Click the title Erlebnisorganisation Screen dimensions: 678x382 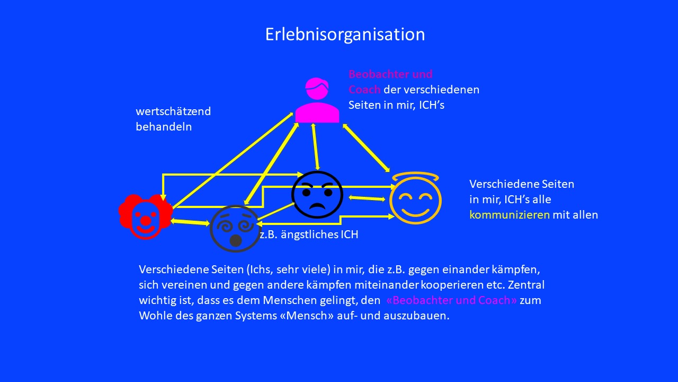click(x=345, y=34)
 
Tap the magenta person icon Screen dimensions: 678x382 click(x=317, y=100)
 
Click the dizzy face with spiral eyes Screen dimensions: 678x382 click(x=235, y=229)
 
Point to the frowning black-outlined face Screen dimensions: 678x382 click(x=317, y=195)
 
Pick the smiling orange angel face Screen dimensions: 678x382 click(x=415, y=200)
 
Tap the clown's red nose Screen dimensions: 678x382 click(x=146, y=220)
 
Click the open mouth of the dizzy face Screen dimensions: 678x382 click(x=236, y=240)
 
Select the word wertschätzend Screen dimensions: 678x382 click(x=173, y=111)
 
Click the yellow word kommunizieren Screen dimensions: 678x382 click(x=510, y=215)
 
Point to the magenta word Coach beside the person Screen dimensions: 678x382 click(x=364, y=90)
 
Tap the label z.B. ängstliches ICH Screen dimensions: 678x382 click(x=309, y=235)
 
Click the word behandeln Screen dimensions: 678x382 click(x=164, y=127)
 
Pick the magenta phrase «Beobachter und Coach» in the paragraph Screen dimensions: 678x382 click(x=452, y=300)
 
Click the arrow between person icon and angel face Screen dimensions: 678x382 click(x=366, y=148)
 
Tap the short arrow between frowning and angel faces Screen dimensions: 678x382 click(x=367, y=198)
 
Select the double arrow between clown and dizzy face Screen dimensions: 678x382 click(x=190, y=222)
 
